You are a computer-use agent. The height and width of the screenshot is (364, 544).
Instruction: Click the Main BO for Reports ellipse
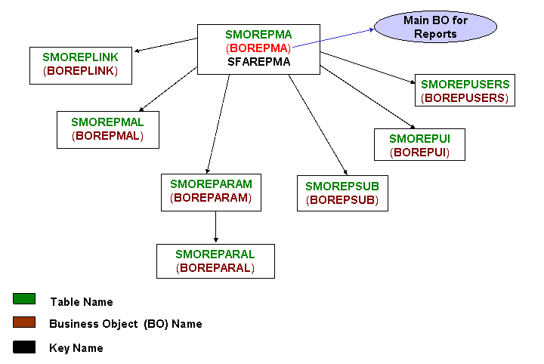click(x=435, y=27)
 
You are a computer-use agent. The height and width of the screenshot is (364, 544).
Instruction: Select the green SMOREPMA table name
click(x=258, y=35)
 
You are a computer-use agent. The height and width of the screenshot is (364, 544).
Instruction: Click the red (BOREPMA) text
click(x=258, y=48)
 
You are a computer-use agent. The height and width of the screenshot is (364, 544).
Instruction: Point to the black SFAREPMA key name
click(x=258, y=62)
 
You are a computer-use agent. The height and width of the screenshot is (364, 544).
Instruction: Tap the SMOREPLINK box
click(x=80, y=64)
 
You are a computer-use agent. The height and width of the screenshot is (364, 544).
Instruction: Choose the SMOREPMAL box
click(x=107, y=129)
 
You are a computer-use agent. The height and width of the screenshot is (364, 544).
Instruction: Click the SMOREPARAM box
click(x=211, y=191)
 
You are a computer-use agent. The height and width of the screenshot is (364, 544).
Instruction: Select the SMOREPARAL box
click(x=215, y=261)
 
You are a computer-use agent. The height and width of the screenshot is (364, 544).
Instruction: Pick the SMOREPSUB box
click(x=342, y=193)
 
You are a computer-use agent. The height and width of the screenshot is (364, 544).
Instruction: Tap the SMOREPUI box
click(x=419, y=145)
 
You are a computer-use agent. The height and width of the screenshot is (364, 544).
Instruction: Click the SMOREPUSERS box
click(x=465, y=91)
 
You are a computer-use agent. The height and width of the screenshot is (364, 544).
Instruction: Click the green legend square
click(x=24, y=299)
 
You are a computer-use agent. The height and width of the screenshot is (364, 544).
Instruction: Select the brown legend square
click(x=24, y=322)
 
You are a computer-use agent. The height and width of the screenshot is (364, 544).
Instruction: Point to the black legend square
click(x=24, y=347)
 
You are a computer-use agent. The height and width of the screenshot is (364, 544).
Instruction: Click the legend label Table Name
click(x=82, y=302)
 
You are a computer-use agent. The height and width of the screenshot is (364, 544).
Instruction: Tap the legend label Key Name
click(x=76, y=348)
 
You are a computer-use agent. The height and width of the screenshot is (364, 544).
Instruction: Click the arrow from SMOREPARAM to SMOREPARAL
click(x=215, y=227)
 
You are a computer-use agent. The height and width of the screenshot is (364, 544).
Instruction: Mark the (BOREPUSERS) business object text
click(x=465, y=97)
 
